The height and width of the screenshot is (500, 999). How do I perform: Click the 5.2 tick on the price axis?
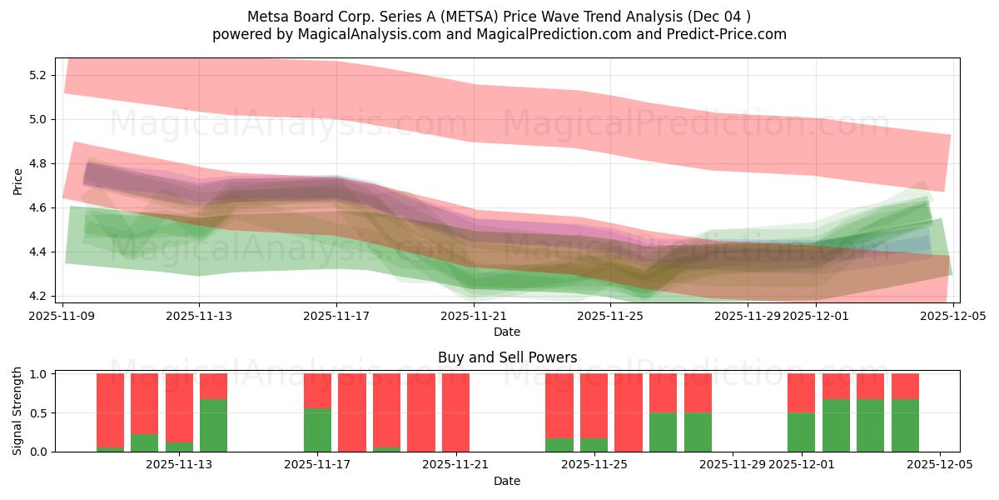pos(37,75)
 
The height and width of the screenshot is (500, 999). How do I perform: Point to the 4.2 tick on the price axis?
pos(37,296)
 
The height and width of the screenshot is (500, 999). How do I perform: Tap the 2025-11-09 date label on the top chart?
pos(62,316)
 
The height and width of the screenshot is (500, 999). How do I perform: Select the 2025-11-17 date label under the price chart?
pos(336,316)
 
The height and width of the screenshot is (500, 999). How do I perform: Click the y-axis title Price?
pos(17,181)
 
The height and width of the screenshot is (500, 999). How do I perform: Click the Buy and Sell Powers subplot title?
pos(507,357)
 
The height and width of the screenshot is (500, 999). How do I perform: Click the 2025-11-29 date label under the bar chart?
pos(732,464)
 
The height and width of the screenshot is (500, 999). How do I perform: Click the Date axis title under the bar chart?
pos(507,481)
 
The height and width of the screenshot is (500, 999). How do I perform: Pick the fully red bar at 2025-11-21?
pos(455,412)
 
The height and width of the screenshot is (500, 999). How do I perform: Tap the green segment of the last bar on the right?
pos(905,425)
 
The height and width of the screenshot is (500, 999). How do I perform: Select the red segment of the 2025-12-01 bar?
pos(801,392)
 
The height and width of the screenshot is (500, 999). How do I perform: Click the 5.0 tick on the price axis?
pos(37,119)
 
